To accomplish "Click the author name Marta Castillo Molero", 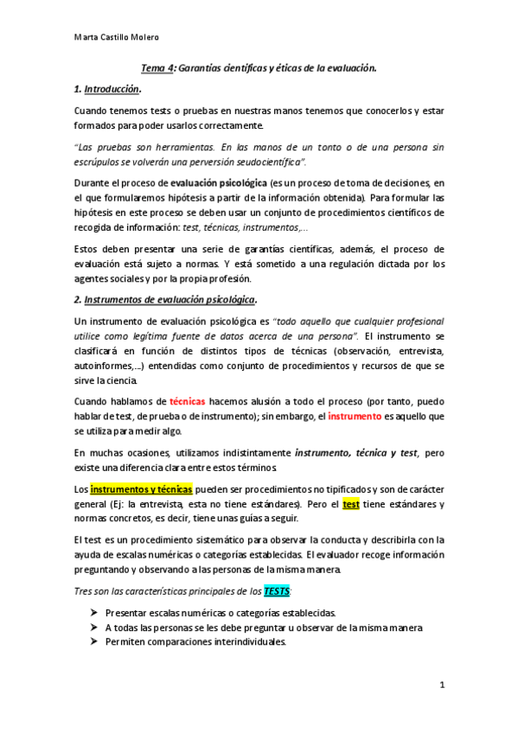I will tap(116, 37).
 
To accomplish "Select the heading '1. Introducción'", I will tap(107, 89).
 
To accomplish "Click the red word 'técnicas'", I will tap(187, 402).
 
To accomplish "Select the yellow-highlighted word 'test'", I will tap(351, 504).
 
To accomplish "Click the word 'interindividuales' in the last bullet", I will tap(247, 642).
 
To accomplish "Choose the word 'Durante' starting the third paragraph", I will tap(93, 184).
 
